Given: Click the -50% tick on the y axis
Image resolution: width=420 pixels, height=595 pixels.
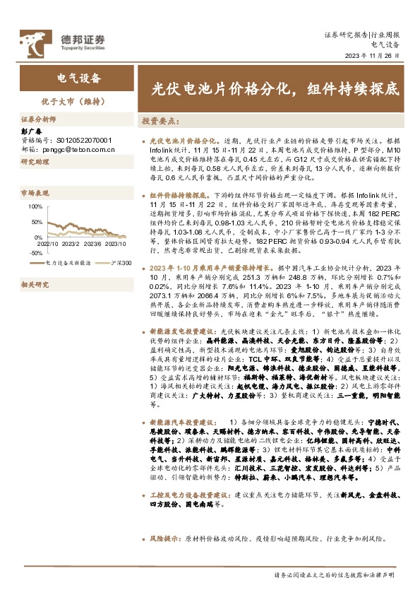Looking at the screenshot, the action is click(x=35, y=252).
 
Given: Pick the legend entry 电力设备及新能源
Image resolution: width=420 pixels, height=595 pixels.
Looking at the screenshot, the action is click(x=67, y=262).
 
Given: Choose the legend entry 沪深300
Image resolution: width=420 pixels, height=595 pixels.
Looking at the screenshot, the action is click(x=121, y=262).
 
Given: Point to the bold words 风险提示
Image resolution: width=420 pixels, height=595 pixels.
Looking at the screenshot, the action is click(x=166, y=538).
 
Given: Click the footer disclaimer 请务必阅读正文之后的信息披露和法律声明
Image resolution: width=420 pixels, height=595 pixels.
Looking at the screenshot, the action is click(x=334, y=577).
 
